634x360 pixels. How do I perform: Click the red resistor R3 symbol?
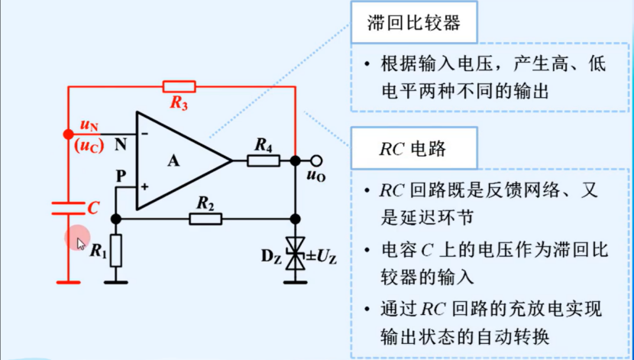tap(180, 87)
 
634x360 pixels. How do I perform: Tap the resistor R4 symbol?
tap(264, 161)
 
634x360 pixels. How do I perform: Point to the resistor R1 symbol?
tap(115, 249)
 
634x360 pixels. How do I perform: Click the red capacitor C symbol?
tap(69, 207)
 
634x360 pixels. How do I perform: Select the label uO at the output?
tap(315, 177)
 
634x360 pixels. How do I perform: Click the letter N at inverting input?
tap(121, 141)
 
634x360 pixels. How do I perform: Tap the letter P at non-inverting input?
tap(121, 175)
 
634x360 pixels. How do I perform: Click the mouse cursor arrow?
tap(81, 242)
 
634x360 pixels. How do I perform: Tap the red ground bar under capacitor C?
tap(69, 281)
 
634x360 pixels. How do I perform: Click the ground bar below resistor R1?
tap(115, 281)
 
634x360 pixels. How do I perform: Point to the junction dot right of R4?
tap(296, 161)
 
